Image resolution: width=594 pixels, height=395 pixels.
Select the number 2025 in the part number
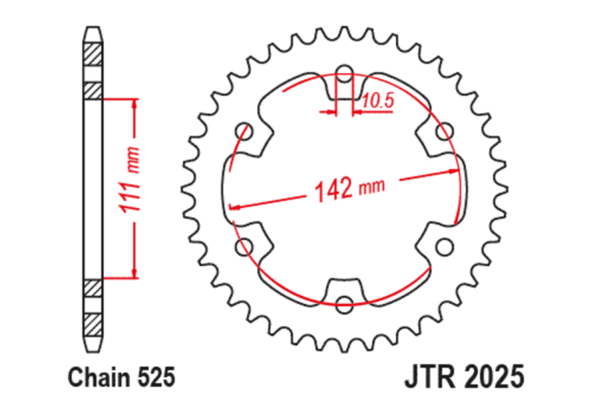pos(495,372)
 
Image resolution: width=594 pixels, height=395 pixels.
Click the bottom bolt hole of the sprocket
pos(344,304)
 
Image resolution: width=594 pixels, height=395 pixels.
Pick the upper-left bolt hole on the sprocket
pos(245,131)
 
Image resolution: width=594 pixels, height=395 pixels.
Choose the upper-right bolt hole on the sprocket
pos(443,131)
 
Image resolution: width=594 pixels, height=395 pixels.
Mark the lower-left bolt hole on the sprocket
pos(245,246)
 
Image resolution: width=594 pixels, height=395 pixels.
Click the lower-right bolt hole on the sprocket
pos(443,246)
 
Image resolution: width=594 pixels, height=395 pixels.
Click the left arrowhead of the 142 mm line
pos(234,206)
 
